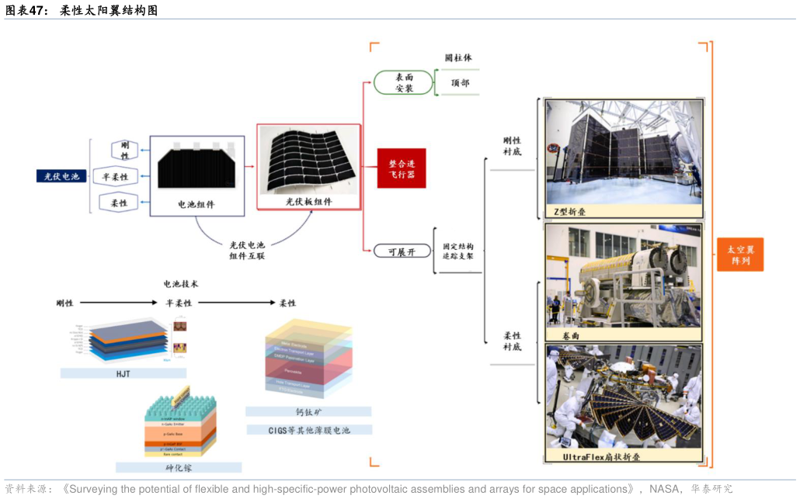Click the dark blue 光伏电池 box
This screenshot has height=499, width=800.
61,176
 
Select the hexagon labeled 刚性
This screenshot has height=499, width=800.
124,151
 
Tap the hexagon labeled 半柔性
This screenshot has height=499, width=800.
115,177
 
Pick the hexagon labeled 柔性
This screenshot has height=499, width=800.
119,203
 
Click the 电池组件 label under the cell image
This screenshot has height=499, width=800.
197,205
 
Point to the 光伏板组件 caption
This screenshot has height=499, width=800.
308,201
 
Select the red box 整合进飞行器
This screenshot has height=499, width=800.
402,168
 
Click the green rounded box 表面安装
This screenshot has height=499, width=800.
403,82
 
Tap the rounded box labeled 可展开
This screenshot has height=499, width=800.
402,251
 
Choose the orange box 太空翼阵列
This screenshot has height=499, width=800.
739,255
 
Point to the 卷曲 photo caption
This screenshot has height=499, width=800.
572,335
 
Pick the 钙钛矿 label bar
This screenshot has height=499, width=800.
308,411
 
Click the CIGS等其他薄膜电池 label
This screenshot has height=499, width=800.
309,429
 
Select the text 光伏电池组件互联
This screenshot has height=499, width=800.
247,250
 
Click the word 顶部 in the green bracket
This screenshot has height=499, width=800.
460,82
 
